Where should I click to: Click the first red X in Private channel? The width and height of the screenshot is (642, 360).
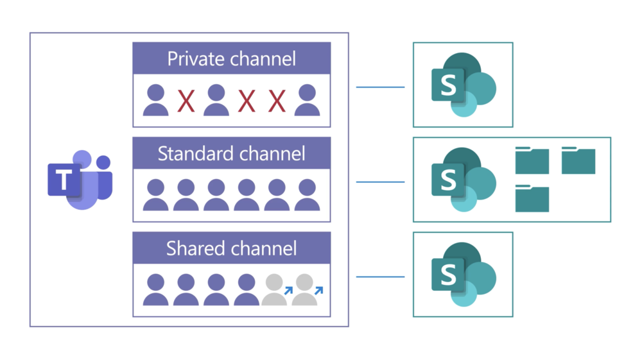pyautogui.click(x=186, y=101)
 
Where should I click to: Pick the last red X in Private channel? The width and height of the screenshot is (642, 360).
pyautogui.click(x=277, y=101)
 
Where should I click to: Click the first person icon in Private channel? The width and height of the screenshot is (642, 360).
pyautogui.click(x=155, y=101)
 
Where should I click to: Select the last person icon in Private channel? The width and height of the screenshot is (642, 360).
pyautogui.click(x=307, y=101)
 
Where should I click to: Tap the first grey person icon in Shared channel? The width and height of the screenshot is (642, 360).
pyautogui.click(x=274, y=290)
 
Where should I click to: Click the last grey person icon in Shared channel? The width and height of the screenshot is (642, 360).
pyautogui.click(x=304, y=290)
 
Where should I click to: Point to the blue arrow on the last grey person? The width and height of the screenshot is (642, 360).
pyautogui.click(x=318, y=291)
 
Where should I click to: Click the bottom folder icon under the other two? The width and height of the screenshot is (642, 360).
pyautogui.click(x=532, y=199)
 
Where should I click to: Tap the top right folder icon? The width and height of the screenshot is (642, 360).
pyautogui.click(x=578, y=160)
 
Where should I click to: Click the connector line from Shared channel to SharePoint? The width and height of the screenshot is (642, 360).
pyautogui.click(x=381, y=277)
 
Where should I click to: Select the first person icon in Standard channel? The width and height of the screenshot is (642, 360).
pyautogui.click(x=155, y=195)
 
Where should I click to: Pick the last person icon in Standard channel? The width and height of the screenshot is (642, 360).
pyautogui.click(x=307, y=195)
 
